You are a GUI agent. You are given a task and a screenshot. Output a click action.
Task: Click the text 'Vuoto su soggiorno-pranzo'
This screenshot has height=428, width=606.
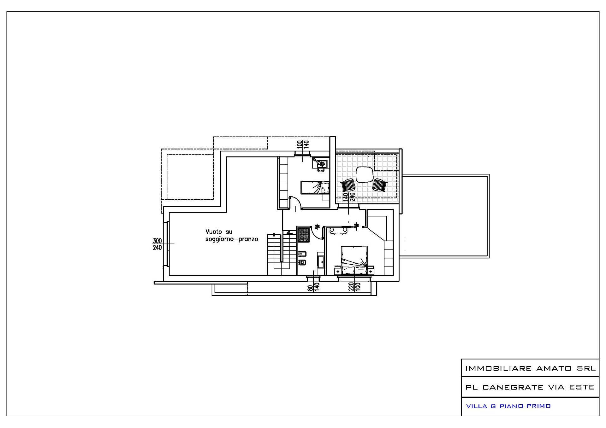pos(232,236)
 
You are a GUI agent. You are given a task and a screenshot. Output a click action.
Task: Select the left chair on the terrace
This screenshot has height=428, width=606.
pos(348,185)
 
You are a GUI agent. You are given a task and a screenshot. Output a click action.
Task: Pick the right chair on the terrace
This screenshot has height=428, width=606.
pos(380,185)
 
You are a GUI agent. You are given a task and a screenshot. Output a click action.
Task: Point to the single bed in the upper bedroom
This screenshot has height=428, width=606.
pos(315,187)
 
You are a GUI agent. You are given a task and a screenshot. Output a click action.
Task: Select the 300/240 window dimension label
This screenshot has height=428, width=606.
pos(157,244)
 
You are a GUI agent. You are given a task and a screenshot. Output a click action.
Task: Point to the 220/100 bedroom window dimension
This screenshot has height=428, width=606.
pos(354,287)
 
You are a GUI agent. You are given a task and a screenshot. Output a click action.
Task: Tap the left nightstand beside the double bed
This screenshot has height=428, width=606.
pos(337,270)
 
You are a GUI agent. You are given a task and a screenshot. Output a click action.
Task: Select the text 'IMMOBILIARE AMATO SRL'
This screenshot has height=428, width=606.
pos(530,368)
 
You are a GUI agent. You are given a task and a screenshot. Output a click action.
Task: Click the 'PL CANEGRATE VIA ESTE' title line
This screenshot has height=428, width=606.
pos(530,387)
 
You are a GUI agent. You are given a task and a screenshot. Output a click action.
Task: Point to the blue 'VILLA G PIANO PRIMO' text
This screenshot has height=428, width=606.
pos(508,406)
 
